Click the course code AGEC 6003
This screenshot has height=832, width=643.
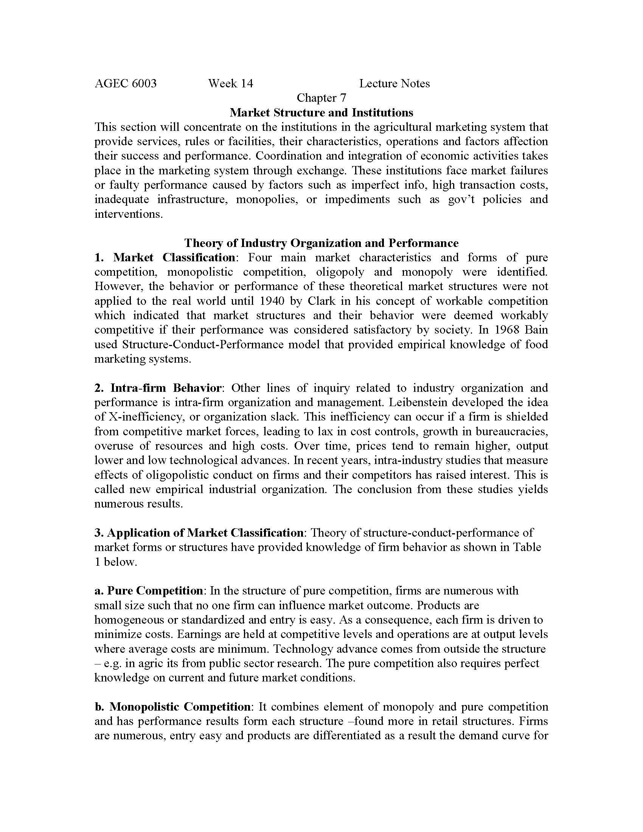point(125,84)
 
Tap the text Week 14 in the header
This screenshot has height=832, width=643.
point(230,84)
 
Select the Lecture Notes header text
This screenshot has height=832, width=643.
point(394,84)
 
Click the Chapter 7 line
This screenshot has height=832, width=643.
point(321,98)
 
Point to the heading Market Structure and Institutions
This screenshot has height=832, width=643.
point(321,112)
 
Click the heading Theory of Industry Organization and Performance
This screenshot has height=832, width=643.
point(321,243)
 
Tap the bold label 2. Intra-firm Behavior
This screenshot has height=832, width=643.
point(158,388)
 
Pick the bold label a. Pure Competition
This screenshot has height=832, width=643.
point(149,590)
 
